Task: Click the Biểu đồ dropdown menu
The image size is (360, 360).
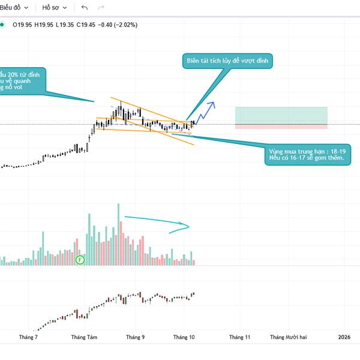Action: tap(13, 8)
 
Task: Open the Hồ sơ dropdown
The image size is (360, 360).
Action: tap(54, 8)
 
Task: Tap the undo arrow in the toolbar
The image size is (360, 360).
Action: tap(84, 8)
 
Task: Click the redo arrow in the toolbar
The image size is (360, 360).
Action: tap(101, 8)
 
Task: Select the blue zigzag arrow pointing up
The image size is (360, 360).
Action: tap(207, 109)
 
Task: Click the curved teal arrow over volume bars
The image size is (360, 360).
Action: tap(157, 223)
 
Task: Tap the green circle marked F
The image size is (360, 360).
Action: tap(80, 260)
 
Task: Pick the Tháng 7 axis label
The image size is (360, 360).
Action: tap(28, 337)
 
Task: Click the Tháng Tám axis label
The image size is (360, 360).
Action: tap(84, 337)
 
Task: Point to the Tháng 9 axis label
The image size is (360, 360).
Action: tap(135, 337)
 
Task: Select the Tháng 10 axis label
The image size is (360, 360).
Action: tap(184, 337)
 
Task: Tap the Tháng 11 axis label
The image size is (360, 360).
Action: tap(239, 337)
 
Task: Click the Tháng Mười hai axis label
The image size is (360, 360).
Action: tap(287, 337)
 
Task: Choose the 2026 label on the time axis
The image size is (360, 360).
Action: tap(346, 337)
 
